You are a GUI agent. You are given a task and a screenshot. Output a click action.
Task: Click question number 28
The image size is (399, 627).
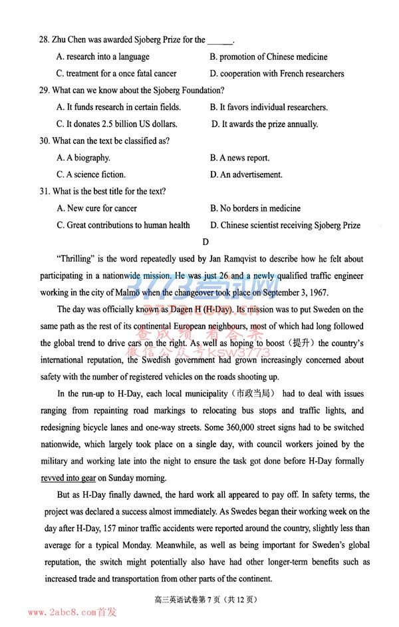(45, 40)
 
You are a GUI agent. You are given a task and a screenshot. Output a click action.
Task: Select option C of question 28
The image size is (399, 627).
(116, 74)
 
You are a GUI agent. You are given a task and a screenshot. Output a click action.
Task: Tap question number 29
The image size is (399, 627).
(45, 91)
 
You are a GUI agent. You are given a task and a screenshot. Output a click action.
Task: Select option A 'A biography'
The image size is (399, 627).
(84, 158)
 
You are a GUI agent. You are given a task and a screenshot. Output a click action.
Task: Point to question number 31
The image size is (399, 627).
(45, 192)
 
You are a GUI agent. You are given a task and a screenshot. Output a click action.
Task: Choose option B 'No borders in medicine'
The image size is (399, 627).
(255, 208)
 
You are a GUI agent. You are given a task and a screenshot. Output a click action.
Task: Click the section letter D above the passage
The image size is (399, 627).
(205, 242)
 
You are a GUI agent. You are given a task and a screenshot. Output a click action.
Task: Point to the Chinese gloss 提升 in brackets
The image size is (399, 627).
(306, 343)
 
